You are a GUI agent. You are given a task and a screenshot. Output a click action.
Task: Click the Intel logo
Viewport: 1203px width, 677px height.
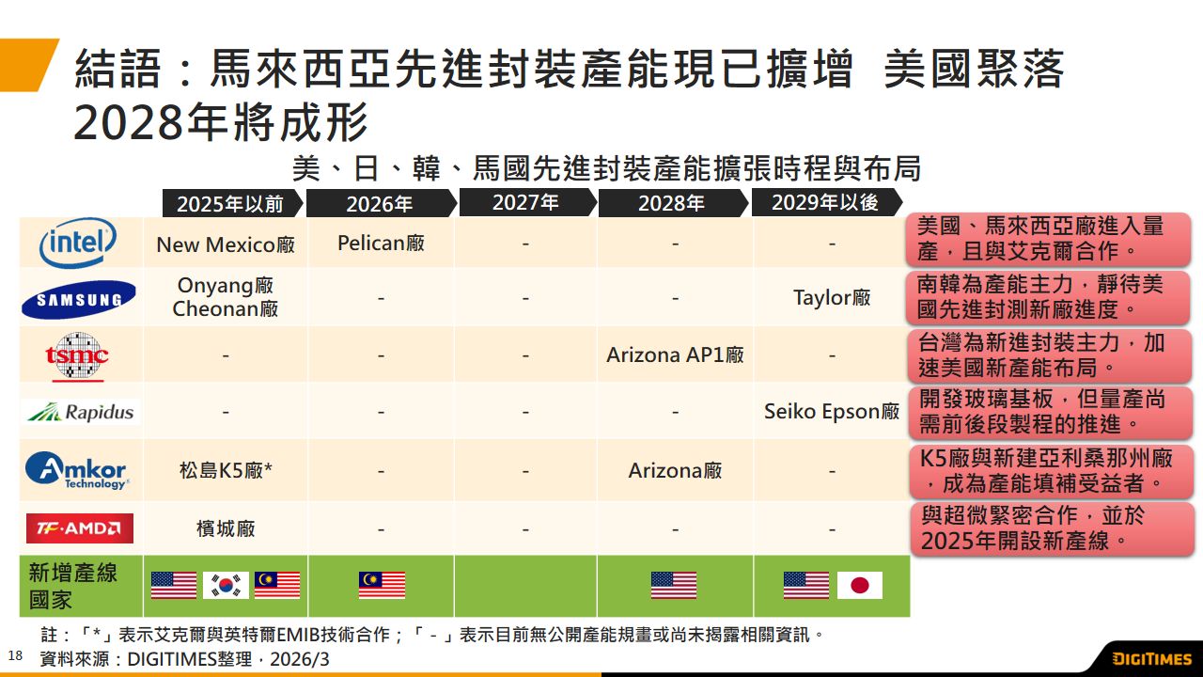[79, 244]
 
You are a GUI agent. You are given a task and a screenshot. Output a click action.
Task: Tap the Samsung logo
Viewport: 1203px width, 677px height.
[79, 299]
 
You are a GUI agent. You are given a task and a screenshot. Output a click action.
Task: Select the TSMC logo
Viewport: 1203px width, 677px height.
[78, 355]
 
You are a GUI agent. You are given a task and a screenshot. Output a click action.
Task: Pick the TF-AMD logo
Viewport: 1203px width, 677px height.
[79, 528]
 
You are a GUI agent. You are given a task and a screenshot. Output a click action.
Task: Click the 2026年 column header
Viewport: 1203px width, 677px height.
[380, 203]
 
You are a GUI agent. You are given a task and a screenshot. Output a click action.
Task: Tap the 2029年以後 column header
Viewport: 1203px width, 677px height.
[824, 202]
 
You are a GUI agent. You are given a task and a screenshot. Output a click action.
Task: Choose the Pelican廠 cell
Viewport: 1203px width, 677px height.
[381, 244]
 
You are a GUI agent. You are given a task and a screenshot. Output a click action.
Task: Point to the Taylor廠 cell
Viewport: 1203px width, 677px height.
[832, 298]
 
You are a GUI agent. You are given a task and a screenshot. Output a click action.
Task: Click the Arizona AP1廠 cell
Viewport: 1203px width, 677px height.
[675, 355]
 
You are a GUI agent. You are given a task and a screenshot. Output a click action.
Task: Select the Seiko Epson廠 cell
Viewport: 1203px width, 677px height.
[832, 412]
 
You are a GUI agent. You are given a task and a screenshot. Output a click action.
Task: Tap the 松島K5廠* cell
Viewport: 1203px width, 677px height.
[226, 470]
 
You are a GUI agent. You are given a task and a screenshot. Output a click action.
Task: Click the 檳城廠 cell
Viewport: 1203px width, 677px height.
[226, 528]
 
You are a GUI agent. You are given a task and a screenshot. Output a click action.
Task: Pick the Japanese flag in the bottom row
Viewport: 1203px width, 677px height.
[859, 585]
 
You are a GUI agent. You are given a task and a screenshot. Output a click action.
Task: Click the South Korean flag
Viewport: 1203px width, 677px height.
[226, 585]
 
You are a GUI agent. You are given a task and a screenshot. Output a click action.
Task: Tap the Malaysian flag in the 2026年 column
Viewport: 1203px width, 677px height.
[382, 585]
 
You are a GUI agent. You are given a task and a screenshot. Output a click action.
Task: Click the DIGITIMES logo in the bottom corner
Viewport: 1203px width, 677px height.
[1151, 659]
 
